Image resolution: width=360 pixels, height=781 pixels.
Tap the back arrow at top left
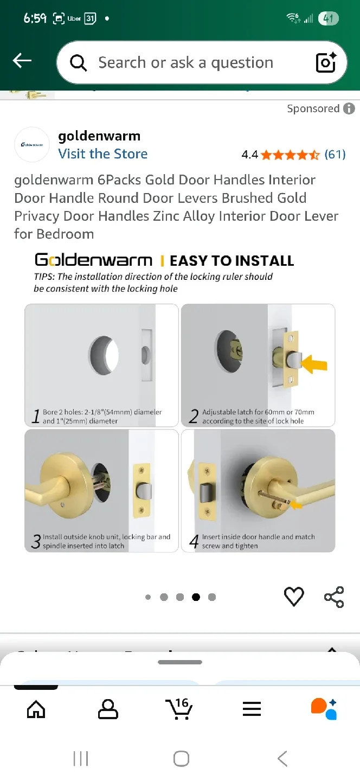click(x=22, y=61)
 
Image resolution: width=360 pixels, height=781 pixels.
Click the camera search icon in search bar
click(x=326, y=62)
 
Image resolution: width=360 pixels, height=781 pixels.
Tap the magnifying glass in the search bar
click(x=79, y=63)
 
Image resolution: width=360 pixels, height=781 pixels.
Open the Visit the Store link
click(x=102, y=154)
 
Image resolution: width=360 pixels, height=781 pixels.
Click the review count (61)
click(x=335, y=155)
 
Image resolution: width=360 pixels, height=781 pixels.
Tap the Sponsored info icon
click(x=349, y=108)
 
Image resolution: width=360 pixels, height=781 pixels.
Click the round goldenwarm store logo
click(x=32, y=145)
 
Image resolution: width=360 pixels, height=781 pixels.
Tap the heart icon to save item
click(x=294, y=597)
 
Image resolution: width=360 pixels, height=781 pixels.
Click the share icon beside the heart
click(x=334, y=597)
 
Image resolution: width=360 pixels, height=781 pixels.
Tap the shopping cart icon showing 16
click(x=179, y=708)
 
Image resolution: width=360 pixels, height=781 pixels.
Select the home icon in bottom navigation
click(x=36, y=709)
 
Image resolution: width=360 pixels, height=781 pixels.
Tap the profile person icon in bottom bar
click(x=108, y=709)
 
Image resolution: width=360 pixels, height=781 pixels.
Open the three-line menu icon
click(x=252, y=709)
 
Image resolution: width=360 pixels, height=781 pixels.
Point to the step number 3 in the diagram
click(x=36, y=541)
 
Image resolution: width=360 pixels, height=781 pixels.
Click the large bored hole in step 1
click(x=104, y=355)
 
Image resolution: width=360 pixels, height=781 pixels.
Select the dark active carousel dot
click(x=196, y=597)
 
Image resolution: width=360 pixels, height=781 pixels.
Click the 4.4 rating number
click(x=249, y=155)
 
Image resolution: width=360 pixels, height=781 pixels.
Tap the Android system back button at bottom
click(x=282, y=758)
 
